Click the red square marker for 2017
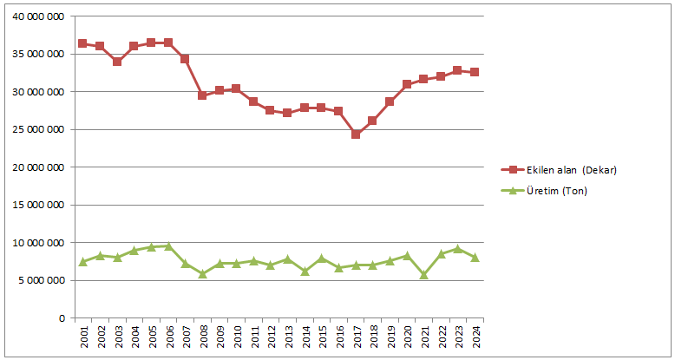coord(356,134)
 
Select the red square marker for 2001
coord(82,43)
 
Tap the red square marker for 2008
coord(202,95)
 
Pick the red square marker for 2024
coord(475,72)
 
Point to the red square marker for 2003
coord(116,62)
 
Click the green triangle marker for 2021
coord(423,275)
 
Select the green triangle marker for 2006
coord(167,246)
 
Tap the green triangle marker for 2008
coord(202,274)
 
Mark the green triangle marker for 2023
coord(457,249)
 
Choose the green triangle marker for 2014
coord(305,272)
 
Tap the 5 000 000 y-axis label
coord(42,280)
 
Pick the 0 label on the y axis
coord(61,318)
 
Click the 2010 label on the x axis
coord(236,339)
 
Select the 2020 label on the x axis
coord(407,339)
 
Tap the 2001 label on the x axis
coord(82,339)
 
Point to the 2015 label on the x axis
coord(321,339)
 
